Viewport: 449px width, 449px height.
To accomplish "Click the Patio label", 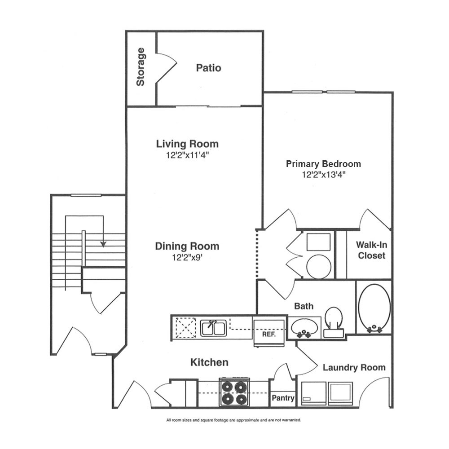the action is coord(208,68).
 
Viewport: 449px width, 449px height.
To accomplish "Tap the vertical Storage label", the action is coord(140,67).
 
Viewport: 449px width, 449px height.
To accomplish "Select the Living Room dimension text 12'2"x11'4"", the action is coord(187,155).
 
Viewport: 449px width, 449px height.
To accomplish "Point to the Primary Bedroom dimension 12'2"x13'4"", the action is coord(324,174).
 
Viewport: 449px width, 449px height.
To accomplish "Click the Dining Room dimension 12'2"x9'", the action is coord(187,257).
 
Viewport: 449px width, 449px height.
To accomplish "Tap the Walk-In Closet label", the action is coord(371,250).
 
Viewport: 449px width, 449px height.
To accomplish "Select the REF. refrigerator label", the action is coord(269,334).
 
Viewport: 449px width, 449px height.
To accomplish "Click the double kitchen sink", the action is coord(213,328).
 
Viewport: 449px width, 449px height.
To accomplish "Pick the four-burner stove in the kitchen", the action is coord(234,392).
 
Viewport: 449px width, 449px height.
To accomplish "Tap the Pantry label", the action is coord(283,398).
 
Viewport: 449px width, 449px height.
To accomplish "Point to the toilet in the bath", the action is coord(334,322).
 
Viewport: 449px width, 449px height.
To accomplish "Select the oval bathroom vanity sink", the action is coord(304,327).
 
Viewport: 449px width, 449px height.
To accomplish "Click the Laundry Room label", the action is coord(354,367).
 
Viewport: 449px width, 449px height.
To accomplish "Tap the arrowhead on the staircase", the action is coord(103,244).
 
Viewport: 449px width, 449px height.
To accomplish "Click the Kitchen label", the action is coord(209,362).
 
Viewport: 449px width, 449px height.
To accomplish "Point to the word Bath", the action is coord(304,306).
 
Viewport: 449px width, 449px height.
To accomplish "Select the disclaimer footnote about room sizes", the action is coord(233,420).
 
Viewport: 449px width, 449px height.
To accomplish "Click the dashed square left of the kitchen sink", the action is coord(185,328).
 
